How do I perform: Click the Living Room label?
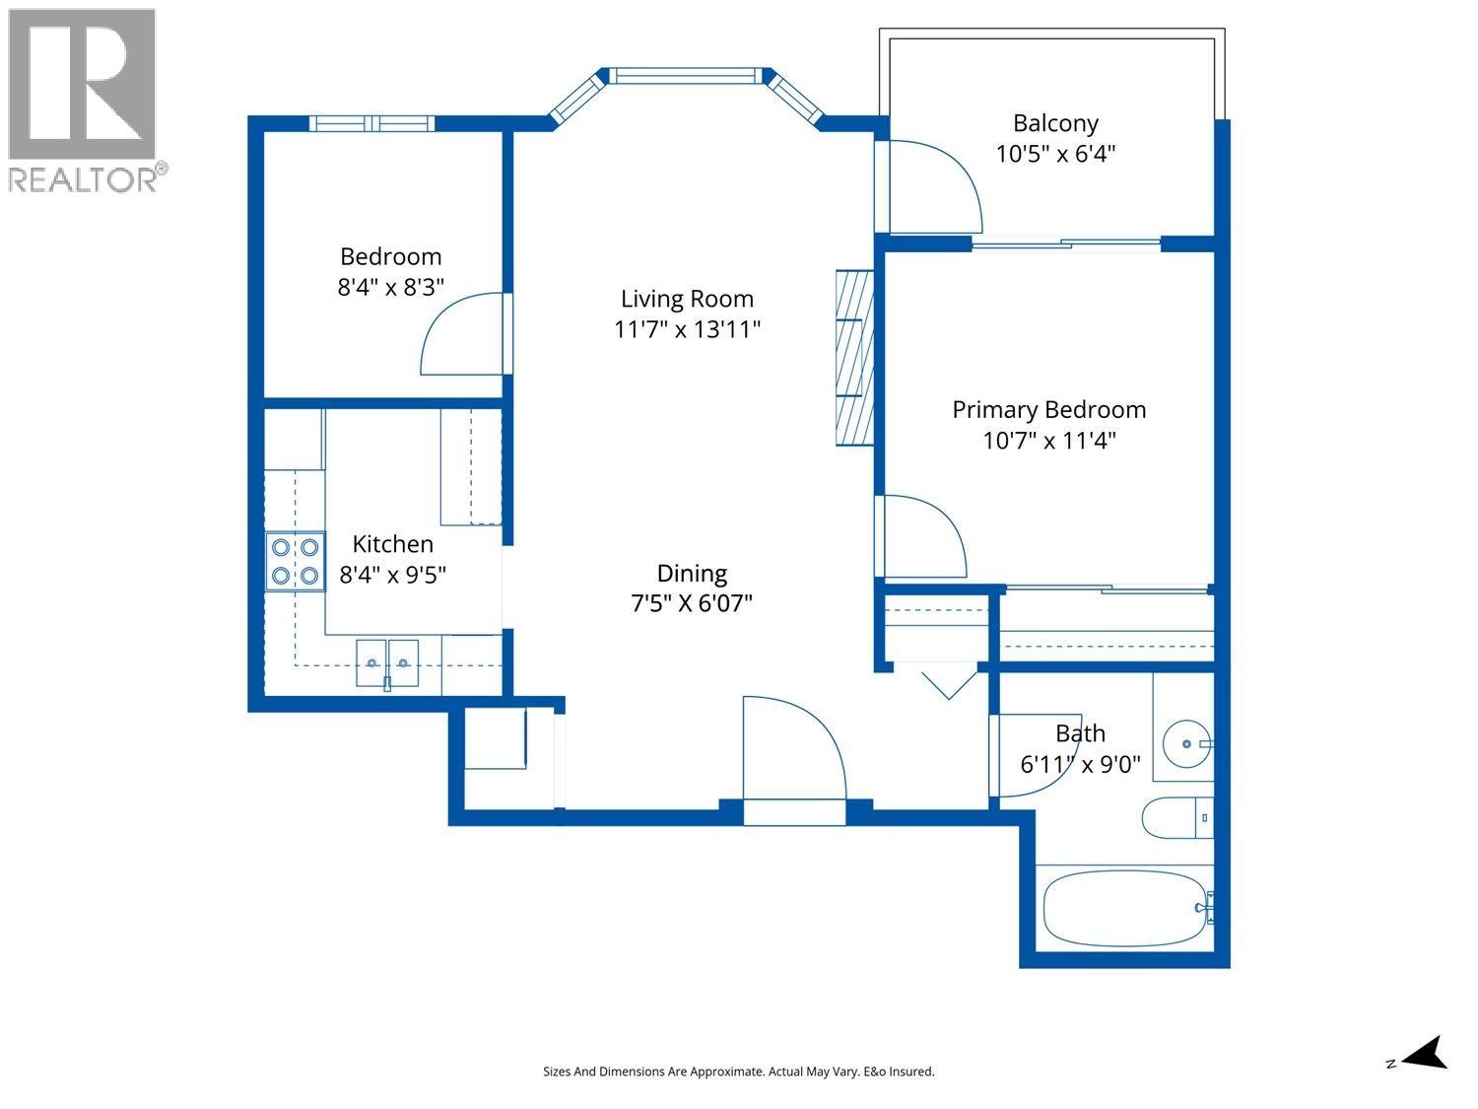click(687, 299)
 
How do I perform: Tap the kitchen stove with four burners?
click(296, 561)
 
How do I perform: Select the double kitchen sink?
click(387, 661)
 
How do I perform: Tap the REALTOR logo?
click(83, 100)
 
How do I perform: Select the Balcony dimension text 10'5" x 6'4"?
click(1055, 155)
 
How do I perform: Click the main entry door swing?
click(793, 749)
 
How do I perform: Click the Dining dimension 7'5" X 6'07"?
click(692, 603)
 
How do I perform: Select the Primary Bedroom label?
click(1048, 410)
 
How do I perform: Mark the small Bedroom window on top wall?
click(370, 123)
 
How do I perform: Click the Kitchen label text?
click(392, 544)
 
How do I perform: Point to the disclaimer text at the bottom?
click(738, 1072)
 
